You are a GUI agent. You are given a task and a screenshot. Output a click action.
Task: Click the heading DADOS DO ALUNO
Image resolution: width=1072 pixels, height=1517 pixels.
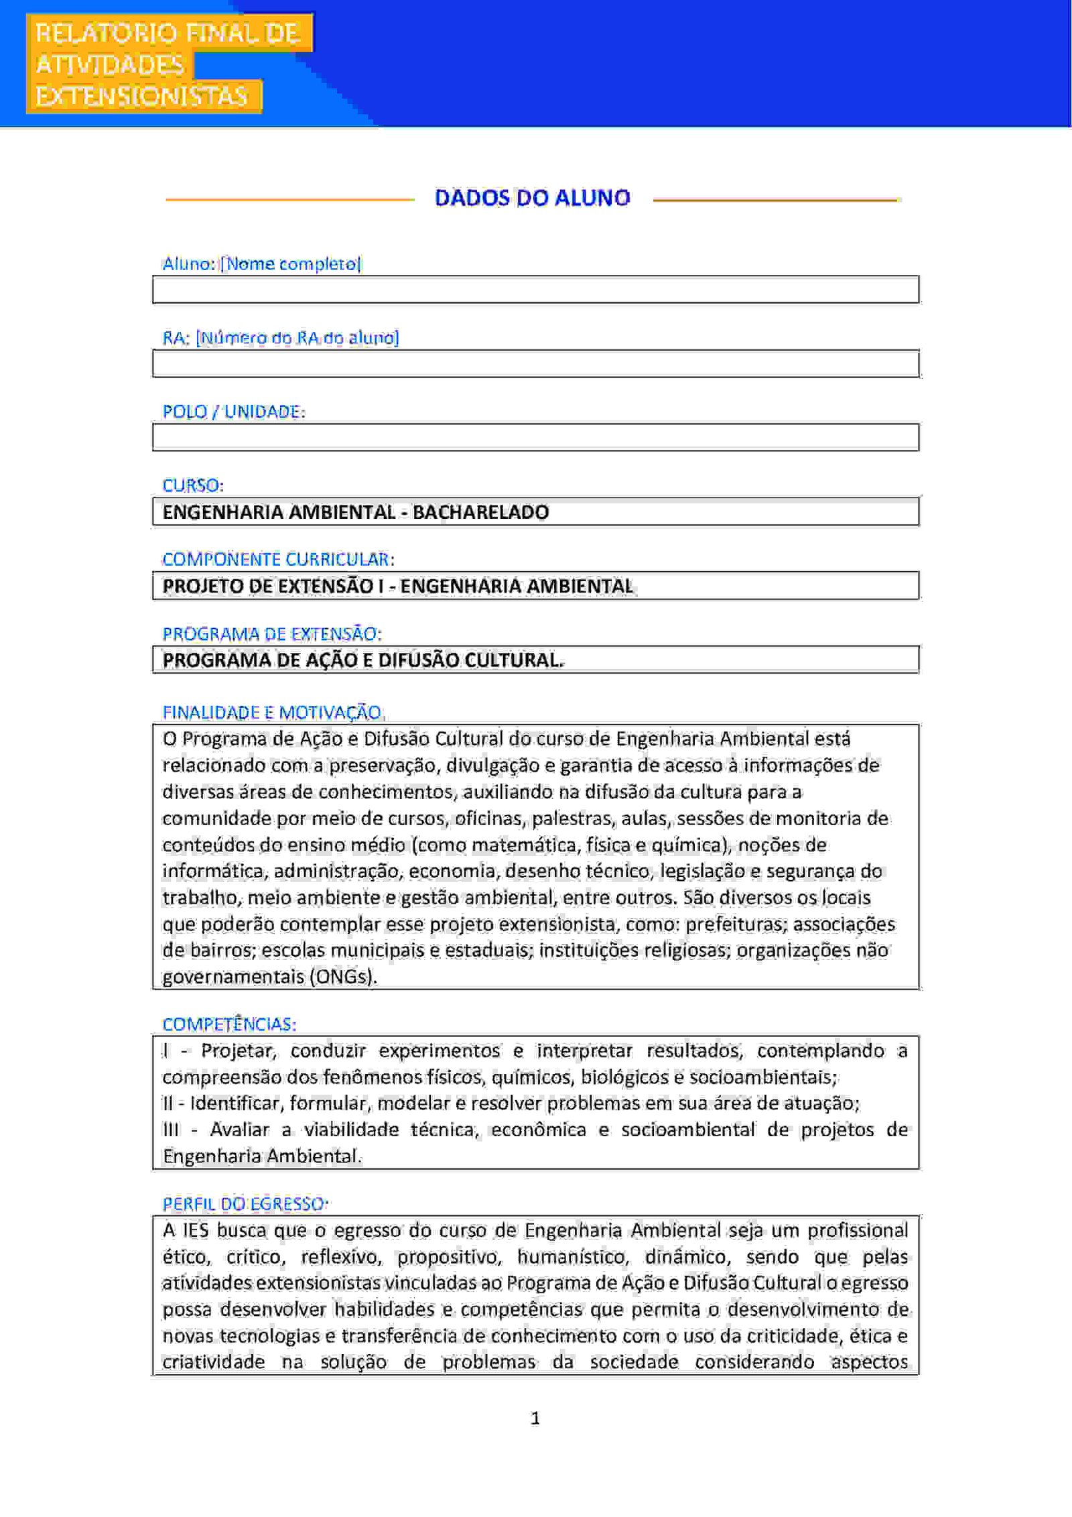533,198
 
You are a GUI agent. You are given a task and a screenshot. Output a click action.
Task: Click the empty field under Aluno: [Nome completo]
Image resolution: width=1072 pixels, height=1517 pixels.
535,290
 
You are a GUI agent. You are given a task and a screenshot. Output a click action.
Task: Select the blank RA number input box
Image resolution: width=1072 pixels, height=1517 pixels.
535,363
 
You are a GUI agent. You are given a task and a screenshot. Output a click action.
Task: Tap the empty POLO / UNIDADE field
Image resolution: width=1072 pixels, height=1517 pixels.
535,437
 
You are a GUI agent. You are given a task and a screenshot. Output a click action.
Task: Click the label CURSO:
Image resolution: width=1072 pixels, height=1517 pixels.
193,485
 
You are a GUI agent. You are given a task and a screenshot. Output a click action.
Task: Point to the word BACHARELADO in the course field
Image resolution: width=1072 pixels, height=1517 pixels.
480,512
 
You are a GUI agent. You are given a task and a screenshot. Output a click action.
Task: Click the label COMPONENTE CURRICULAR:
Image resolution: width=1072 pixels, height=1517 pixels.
278,559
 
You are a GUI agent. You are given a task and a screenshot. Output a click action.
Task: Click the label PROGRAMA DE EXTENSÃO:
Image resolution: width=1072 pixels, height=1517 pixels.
271,633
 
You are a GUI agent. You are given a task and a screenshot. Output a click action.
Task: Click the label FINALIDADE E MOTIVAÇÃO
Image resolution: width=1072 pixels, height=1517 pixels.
272,712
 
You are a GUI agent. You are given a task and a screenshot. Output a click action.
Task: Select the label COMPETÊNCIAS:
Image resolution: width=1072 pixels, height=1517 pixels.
228,1024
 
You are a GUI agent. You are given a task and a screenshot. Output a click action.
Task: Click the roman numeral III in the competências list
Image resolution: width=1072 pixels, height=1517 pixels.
171,1130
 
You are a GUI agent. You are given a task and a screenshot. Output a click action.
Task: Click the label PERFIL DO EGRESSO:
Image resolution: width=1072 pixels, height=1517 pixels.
245,1204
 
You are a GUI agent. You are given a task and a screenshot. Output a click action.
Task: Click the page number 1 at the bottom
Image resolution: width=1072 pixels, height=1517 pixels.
535,1418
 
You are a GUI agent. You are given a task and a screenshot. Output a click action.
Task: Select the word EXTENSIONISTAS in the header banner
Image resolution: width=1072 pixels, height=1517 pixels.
142,97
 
